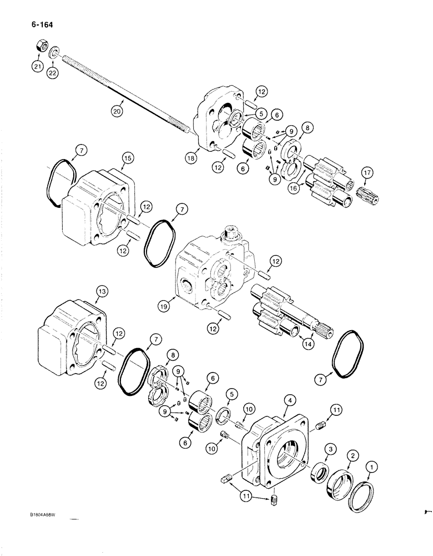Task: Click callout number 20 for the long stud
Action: coord(115,110)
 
